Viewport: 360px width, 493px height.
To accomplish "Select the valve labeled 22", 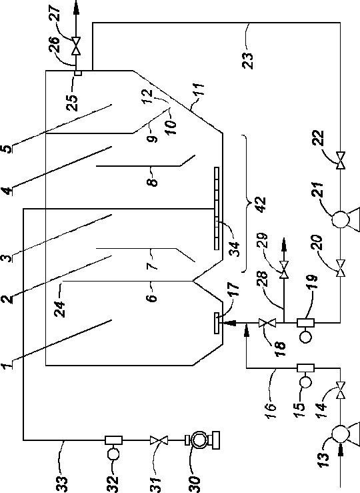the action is pos(340,160).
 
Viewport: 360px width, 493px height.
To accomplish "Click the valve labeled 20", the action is pos(340,268).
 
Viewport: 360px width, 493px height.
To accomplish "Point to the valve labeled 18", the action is pos(267,323).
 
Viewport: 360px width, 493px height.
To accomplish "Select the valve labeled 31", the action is pos(159,440).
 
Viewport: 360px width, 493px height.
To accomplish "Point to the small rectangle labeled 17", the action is pos(217,323).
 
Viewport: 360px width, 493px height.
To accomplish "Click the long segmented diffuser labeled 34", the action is pos(217,208).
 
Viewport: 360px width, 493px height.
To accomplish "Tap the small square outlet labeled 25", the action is pos(78,73).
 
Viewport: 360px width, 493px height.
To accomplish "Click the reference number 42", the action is pos(261,205).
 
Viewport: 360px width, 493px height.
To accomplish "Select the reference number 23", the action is pos(247,60).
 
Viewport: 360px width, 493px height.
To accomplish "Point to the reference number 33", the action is pos(62,484).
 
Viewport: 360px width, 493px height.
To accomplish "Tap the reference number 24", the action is pos(59,309).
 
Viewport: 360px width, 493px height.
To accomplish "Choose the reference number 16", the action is pos(271,411).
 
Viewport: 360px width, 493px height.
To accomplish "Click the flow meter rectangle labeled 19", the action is pos(305,323).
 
